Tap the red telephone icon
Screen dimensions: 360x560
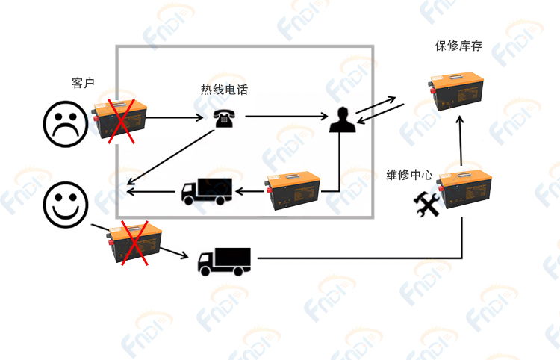click(222, 118)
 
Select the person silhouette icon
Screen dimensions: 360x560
click(341, 120)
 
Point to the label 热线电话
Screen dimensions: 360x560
click(224, 90)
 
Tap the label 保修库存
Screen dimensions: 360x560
click(458, 46)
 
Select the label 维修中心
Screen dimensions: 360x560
click(409, 175)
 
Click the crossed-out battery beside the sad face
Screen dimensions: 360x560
click(119, 118)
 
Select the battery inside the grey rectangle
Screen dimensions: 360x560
click(294, 191)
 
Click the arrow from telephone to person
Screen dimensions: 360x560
click(287, 117)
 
